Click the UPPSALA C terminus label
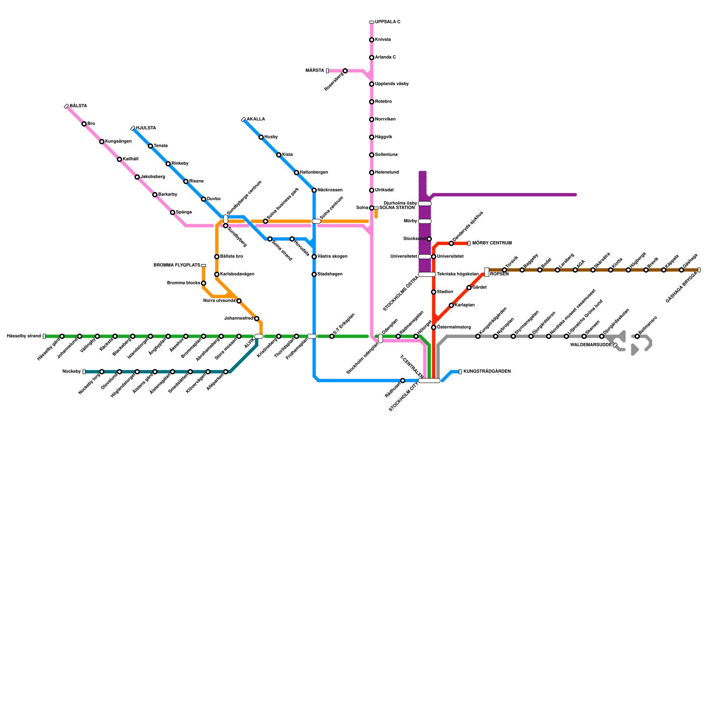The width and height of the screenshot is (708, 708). [x=388, y=22]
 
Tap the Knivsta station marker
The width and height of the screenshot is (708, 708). [x=372, y=40]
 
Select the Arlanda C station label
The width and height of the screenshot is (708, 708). [x=385, y=58]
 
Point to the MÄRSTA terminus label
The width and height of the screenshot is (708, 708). [x=315, y=71]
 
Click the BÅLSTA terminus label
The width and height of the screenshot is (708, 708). [x=78, y=106]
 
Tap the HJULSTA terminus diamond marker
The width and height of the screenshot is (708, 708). [x=133, y=128]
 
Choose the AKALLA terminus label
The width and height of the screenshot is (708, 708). [x=256, y=119]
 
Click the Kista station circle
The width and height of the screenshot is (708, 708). [x=279, y=155]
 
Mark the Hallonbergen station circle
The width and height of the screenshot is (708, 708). [x=296, y=173]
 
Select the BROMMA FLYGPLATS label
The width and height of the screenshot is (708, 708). [x=177, y=265]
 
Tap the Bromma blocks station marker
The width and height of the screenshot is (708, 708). [x=204, y=283]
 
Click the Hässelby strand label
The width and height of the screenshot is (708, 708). [x=23, y=336]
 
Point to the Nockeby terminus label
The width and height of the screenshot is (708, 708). [x=72, y=372]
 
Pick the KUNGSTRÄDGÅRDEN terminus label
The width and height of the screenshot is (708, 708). [x=487, y=372]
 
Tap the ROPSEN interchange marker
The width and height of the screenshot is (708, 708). [x=487, y=272]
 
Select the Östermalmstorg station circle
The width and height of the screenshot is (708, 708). [x=434, y=327]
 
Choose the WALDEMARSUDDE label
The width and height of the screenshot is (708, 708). [x=591, y=345]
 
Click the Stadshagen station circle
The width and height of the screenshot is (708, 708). [x=314, y=274]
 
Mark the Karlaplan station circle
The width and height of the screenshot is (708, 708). [x=451, y=305]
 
